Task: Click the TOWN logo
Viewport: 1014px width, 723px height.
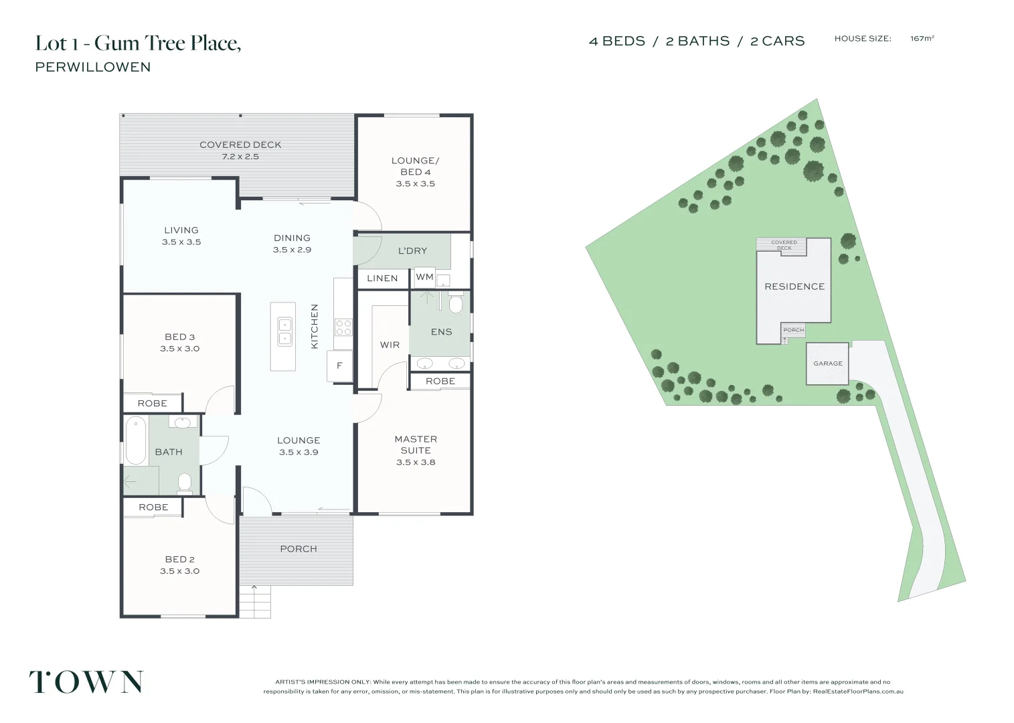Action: tap(86, 681)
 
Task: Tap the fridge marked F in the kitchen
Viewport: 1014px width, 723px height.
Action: tap(339, 366)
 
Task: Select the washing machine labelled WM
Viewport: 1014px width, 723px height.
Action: tap(424, 276)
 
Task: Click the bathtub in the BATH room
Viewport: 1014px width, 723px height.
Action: tap(136, 440)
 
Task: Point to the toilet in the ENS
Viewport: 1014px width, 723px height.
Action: tap(456, 303)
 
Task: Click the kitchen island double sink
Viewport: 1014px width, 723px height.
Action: tap(284, 332)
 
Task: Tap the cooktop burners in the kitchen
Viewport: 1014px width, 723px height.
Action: tap(343, 327)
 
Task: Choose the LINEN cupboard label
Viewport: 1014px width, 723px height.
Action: tap(382, 278)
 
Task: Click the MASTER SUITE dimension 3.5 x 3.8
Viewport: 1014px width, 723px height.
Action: tap(416, 462)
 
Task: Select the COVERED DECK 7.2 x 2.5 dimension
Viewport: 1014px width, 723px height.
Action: tap(240, 157)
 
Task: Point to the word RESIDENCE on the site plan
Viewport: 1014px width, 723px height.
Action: tap(794, 287)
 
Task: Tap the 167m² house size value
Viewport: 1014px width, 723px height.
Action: tap(922, 39)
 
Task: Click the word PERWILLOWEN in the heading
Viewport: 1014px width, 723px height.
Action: tap(93, 67)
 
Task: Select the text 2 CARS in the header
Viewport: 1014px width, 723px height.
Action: tap(778, 42)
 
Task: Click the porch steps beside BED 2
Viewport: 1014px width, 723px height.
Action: tap(255, 602)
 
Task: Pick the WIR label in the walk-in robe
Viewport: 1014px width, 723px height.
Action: tap(390, 345)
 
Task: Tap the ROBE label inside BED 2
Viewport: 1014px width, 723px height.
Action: tap(153, 507)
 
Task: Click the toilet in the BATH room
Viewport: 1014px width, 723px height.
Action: tap(184, 482)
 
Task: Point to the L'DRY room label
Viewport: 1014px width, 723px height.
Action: tap(412, 251)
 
